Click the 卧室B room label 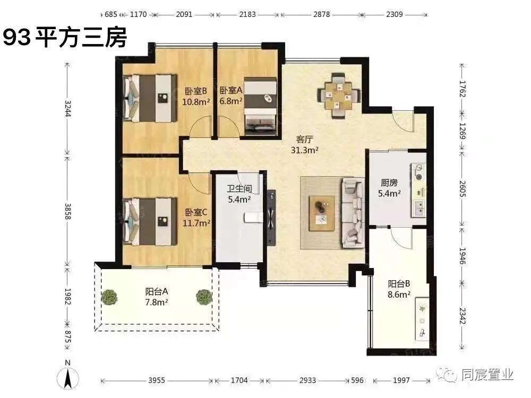tap(195, 91)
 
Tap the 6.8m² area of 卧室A tap(231, 100)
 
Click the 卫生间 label tap(238, 189)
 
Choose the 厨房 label tap(389, 183)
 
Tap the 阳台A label tap(157, 291)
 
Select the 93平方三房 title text tap(65, 38)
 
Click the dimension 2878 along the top tap(320, 14)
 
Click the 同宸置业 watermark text tap(487, 375)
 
